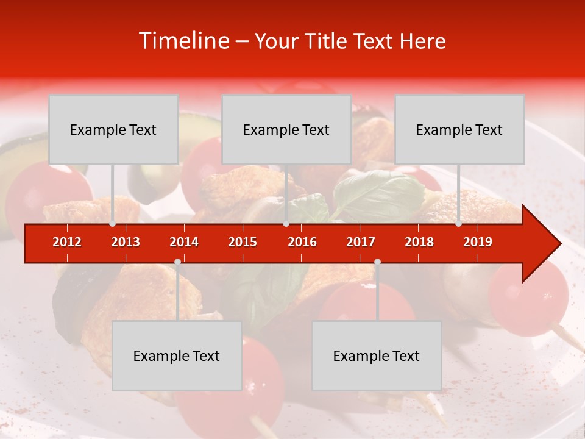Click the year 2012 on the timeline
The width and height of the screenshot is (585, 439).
67,242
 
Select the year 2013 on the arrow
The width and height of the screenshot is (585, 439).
126,242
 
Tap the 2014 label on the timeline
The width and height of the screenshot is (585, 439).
184,242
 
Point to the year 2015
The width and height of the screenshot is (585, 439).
243,242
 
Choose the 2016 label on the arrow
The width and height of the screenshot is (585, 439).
302,242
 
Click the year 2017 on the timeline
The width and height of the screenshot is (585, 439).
361,242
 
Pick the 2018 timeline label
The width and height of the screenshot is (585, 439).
419,242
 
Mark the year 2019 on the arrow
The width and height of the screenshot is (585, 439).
478,242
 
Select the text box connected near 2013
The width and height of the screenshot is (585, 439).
113,129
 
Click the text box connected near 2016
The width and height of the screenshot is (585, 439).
286,129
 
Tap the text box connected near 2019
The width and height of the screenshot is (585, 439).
459,129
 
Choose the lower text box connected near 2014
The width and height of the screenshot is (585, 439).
177,355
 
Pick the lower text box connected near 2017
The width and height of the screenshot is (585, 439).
377,355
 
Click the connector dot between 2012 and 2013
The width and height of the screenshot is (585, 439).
113,224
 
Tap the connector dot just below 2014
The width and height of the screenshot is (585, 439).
177,262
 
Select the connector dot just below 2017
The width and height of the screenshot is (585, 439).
377,262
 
